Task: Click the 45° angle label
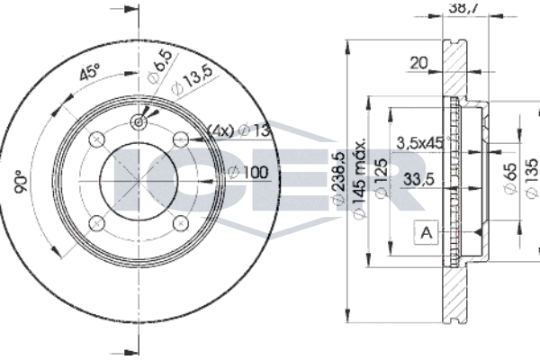(89, 71)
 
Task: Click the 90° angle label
(21, 182)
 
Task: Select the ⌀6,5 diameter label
(160, 66)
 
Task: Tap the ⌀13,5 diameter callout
(193, 79)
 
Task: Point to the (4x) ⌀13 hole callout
(239, 130)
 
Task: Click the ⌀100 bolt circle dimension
(248, 172)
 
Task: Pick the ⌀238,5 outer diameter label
(338, 178)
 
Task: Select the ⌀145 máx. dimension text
(359, 179)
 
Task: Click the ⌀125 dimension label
(381, 178)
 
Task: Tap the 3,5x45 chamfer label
(419, 142)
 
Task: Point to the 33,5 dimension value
(419, 179)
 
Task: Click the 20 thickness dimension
(418, 63)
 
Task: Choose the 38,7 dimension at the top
(463, 7)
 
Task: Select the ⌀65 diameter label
(510, 178)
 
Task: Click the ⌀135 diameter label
(533, 178)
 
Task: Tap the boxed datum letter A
(427, 232)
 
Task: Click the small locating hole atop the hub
(139, 121)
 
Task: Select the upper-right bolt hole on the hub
(181, 139)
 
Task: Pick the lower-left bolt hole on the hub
(97, 223)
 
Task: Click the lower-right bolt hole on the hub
(181, 223)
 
